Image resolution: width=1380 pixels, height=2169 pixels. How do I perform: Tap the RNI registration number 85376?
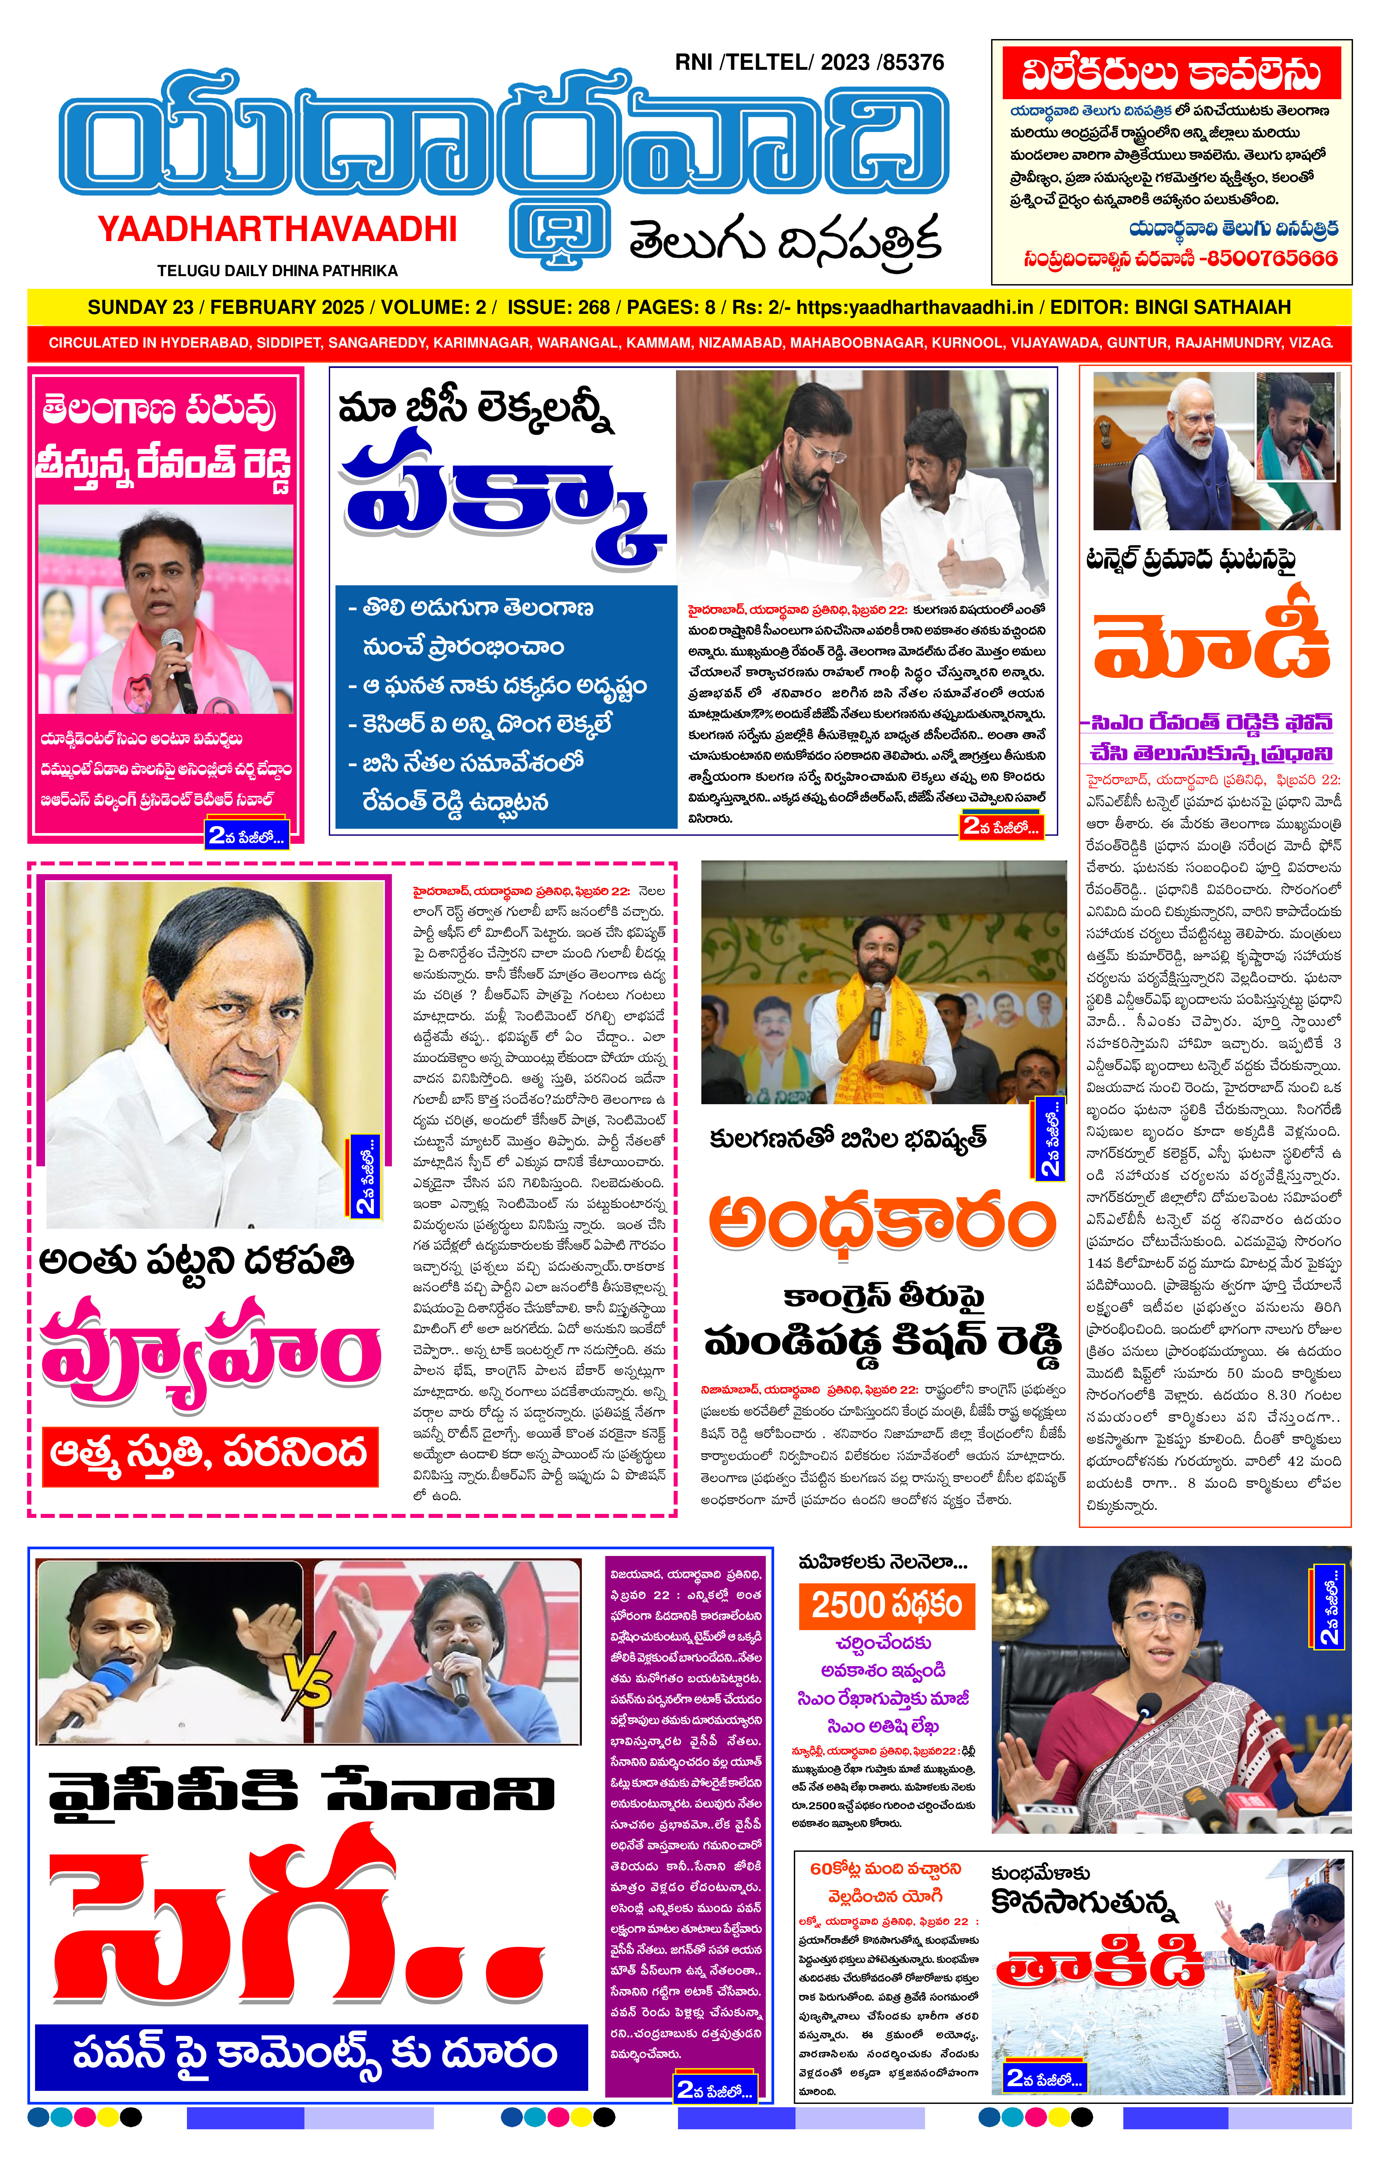(x=913, y=62)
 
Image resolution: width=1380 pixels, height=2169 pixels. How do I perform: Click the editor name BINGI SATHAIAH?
(x=1212, y=307)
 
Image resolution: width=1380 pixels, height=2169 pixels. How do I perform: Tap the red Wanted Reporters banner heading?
(x=1171, y=74)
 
